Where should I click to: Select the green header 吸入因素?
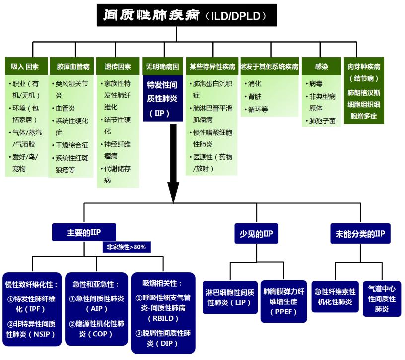[x=25, y=66]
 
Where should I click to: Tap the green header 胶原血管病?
[x=73, y=66]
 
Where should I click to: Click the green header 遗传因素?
[x=118, y=66]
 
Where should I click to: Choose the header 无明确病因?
[x=162, y=66]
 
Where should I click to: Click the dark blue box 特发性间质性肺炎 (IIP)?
[x=162, y=99]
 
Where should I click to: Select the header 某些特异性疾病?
[x=212, y=66]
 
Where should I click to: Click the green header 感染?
[x=321, y=66]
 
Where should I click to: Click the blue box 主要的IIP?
[x=84, y=232]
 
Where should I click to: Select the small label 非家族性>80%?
[x=127, y=246]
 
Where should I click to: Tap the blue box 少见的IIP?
[x=256, y=233]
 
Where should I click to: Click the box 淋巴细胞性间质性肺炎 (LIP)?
[x=230, y=297]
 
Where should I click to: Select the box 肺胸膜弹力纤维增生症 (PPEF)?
[x=284, y=301]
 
